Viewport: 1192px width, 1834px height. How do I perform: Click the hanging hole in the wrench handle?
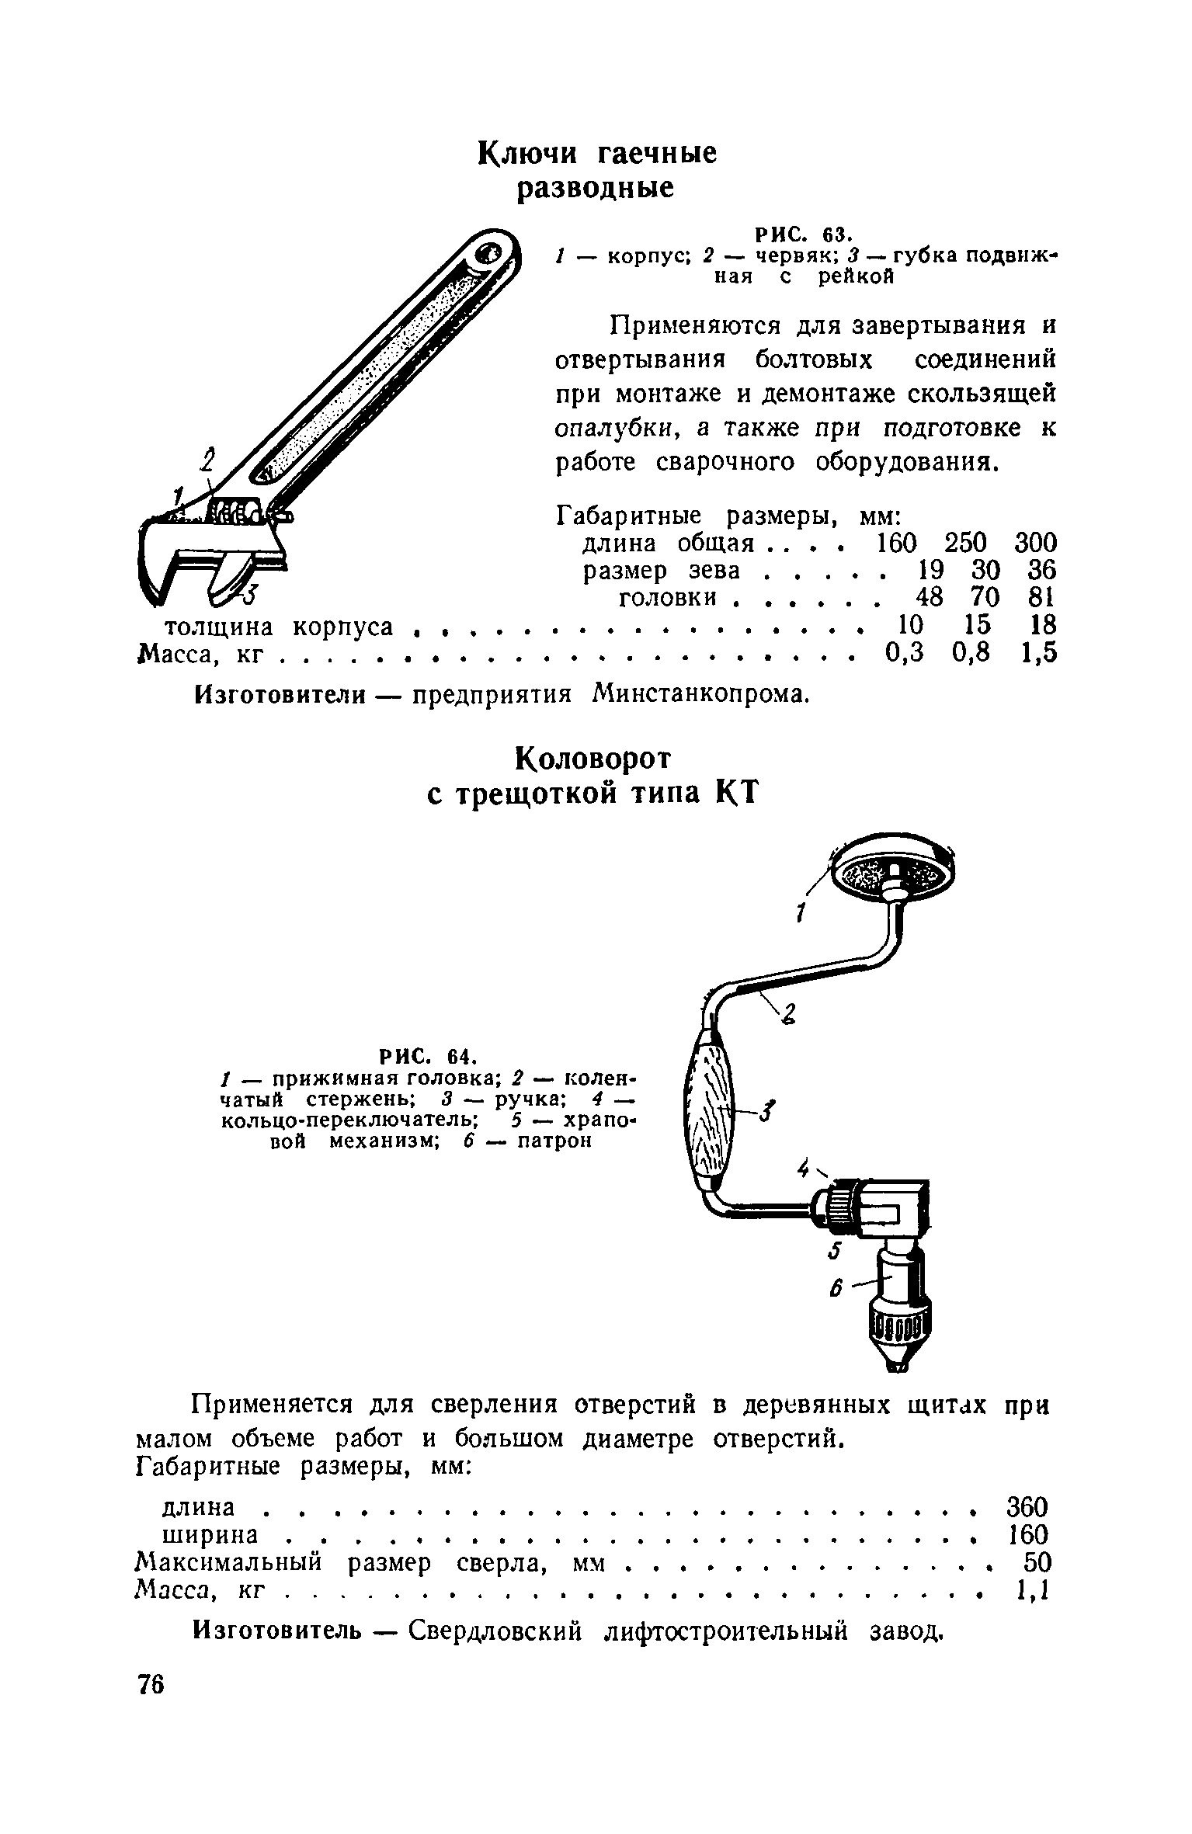coord(490,254)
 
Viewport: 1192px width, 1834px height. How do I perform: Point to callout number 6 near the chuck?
coord(836,1289)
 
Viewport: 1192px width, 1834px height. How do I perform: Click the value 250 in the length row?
coord(966,542)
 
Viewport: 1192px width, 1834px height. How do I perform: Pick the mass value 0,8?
coord(971,654)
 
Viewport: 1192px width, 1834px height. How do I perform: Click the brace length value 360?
coord(1027,1507)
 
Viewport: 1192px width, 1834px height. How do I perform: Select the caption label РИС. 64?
coord(426,1057)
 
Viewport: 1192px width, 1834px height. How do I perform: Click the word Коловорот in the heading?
coord(594,759)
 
